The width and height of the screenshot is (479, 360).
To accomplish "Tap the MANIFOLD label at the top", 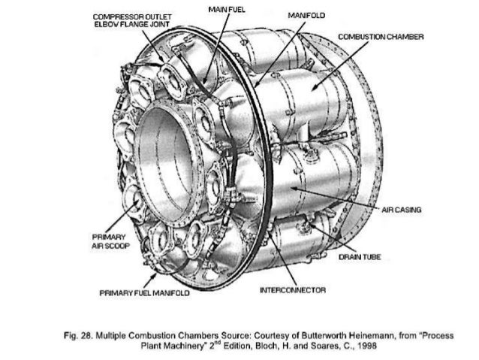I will point(299,15).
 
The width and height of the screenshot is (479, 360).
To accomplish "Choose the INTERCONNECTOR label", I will point(292,289).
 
